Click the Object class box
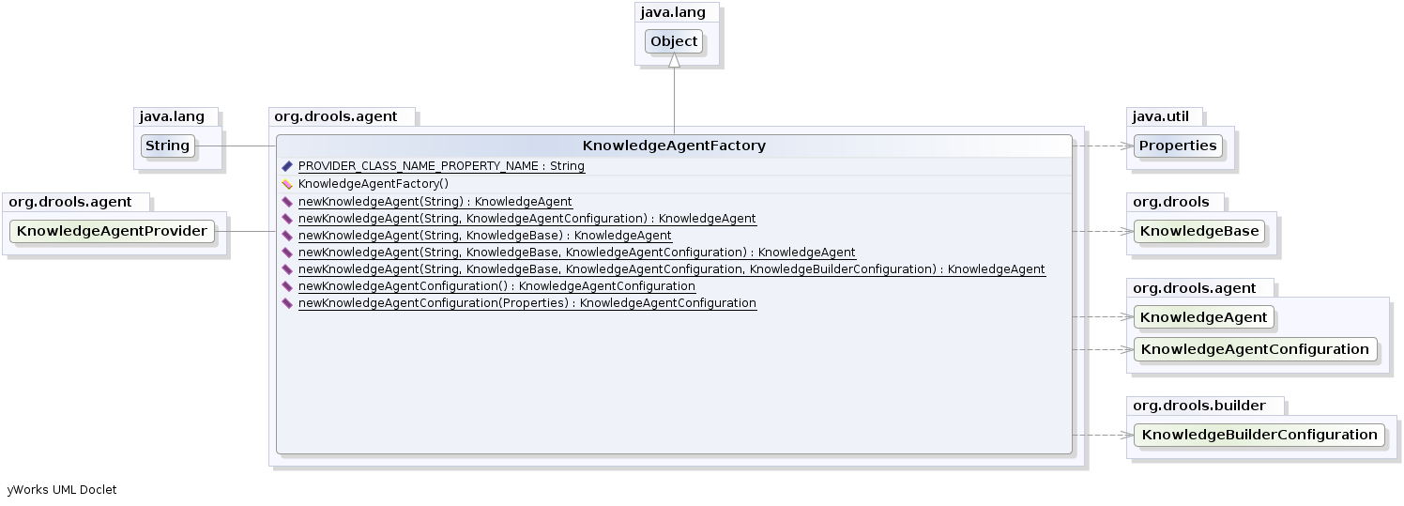(674, 41)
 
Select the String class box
(168, 146)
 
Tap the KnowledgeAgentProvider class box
(112, 231)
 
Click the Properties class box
(1178, 146)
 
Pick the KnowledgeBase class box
(1198, 231)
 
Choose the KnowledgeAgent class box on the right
(1203, 317)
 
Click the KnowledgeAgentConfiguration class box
(1255, 349)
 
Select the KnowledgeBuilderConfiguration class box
(1259, 435)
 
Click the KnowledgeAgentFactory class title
(674, 146)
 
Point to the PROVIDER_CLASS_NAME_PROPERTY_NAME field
(441, 166)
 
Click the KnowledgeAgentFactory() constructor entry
(373, 184)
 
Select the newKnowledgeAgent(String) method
(435, 202)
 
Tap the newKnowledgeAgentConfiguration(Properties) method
(526, 303)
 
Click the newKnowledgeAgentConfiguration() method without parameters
(496, 286)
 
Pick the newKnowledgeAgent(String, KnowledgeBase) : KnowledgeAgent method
(484, 236)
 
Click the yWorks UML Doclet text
(62, 489)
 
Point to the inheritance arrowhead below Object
(674, 61)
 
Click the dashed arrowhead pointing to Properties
(1127, 146)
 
